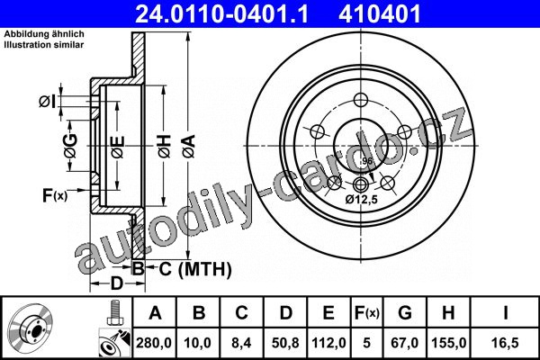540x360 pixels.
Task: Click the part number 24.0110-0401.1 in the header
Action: [221, 13]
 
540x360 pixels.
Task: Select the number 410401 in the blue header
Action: [380, 13]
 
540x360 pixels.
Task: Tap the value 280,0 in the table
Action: [154, 343]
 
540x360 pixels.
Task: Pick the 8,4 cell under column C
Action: [241, 343]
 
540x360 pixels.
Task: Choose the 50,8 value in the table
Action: [285, 343]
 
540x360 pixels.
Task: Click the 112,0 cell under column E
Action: [328, 343]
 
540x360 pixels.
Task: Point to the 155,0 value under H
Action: [448, 343]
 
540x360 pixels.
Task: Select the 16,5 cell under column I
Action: [505, 343]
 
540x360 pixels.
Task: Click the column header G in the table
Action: [405, 313]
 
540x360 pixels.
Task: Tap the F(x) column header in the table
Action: [367, 313]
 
